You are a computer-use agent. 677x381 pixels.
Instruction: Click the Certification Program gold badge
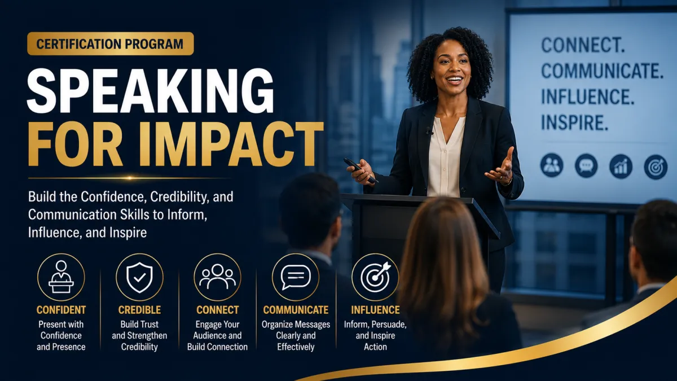point(111,43)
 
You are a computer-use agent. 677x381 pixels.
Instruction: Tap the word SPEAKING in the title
point(151,91)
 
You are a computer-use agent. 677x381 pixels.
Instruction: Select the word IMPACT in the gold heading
point(231,144)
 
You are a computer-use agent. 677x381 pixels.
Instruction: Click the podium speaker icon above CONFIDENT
point(61,277)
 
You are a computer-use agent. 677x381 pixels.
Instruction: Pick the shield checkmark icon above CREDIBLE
point(139,277)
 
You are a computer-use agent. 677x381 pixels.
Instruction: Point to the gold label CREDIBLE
point(139,310)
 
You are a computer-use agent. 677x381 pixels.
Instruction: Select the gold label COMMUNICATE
point(296,310)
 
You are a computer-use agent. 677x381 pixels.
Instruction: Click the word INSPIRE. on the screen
point(574,122)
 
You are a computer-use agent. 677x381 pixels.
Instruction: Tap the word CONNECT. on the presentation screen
point(583,45)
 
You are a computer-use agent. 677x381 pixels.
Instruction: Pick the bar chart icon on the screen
point(621,166)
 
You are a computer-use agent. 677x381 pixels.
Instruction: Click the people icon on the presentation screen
point(552,165)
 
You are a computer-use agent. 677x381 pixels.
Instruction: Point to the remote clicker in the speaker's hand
point(361,170)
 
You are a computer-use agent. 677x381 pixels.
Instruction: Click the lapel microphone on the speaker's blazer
point(429,131)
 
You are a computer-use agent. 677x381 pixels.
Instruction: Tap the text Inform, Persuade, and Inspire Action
point(375,335)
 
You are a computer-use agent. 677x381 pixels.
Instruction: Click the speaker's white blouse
point(445,157)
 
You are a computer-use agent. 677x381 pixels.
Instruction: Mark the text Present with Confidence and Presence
point(61,335)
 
